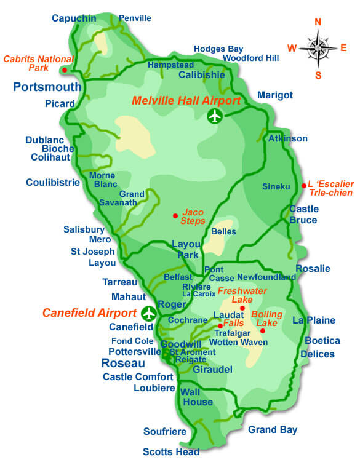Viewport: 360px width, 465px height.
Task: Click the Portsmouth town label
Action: (47, 87)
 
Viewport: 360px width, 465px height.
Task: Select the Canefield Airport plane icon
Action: (148, 313)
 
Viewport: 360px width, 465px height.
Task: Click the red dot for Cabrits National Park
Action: (73, 70)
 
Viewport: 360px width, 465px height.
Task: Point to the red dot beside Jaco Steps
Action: (175, 215)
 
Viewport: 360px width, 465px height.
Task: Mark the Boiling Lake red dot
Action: (263, 331)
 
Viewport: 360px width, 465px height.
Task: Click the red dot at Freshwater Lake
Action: (242, 308)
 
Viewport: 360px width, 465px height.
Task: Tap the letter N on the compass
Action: (318, 22)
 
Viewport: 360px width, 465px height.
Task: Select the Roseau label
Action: (123, 363)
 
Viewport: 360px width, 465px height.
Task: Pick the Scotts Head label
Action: (171, 452)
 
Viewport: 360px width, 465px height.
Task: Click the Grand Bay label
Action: (273, 430)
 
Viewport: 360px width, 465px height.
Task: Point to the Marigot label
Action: (274, 95)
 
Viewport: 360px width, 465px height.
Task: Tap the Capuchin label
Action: (74, 18)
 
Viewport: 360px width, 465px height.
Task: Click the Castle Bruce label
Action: (303, 215)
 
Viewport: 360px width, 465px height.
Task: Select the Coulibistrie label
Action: (53, 182)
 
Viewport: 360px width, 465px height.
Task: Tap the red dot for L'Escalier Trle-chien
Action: (303, 185)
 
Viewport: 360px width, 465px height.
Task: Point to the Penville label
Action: (135, 18)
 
